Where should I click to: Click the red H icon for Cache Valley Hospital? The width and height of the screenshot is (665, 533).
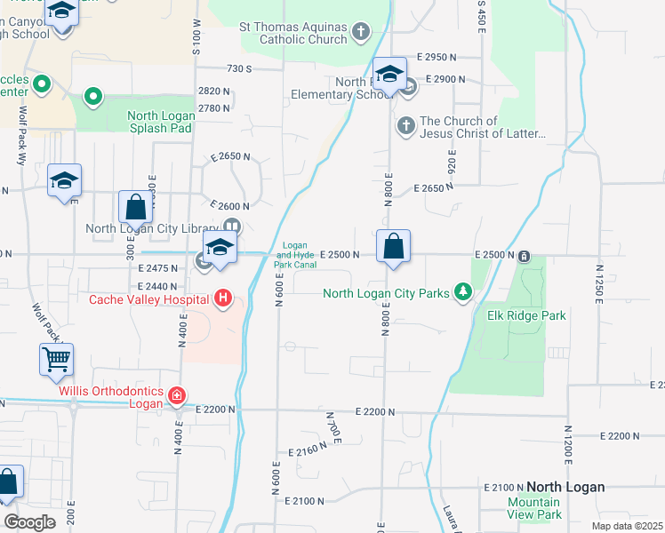223,299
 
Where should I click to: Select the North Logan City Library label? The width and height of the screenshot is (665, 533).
152,228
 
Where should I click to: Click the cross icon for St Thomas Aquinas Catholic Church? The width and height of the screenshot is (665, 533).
360,33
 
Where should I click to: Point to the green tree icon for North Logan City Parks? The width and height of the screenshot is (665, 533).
462,292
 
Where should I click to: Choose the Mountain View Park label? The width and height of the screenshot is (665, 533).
534,508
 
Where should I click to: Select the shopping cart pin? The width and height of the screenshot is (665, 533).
56,361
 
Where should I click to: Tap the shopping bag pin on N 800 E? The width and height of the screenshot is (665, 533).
393,246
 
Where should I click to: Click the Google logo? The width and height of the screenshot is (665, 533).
29,522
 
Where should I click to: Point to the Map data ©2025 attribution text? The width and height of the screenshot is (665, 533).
626,526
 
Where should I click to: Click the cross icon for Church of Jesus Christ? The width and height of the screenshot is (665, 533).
405,124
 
